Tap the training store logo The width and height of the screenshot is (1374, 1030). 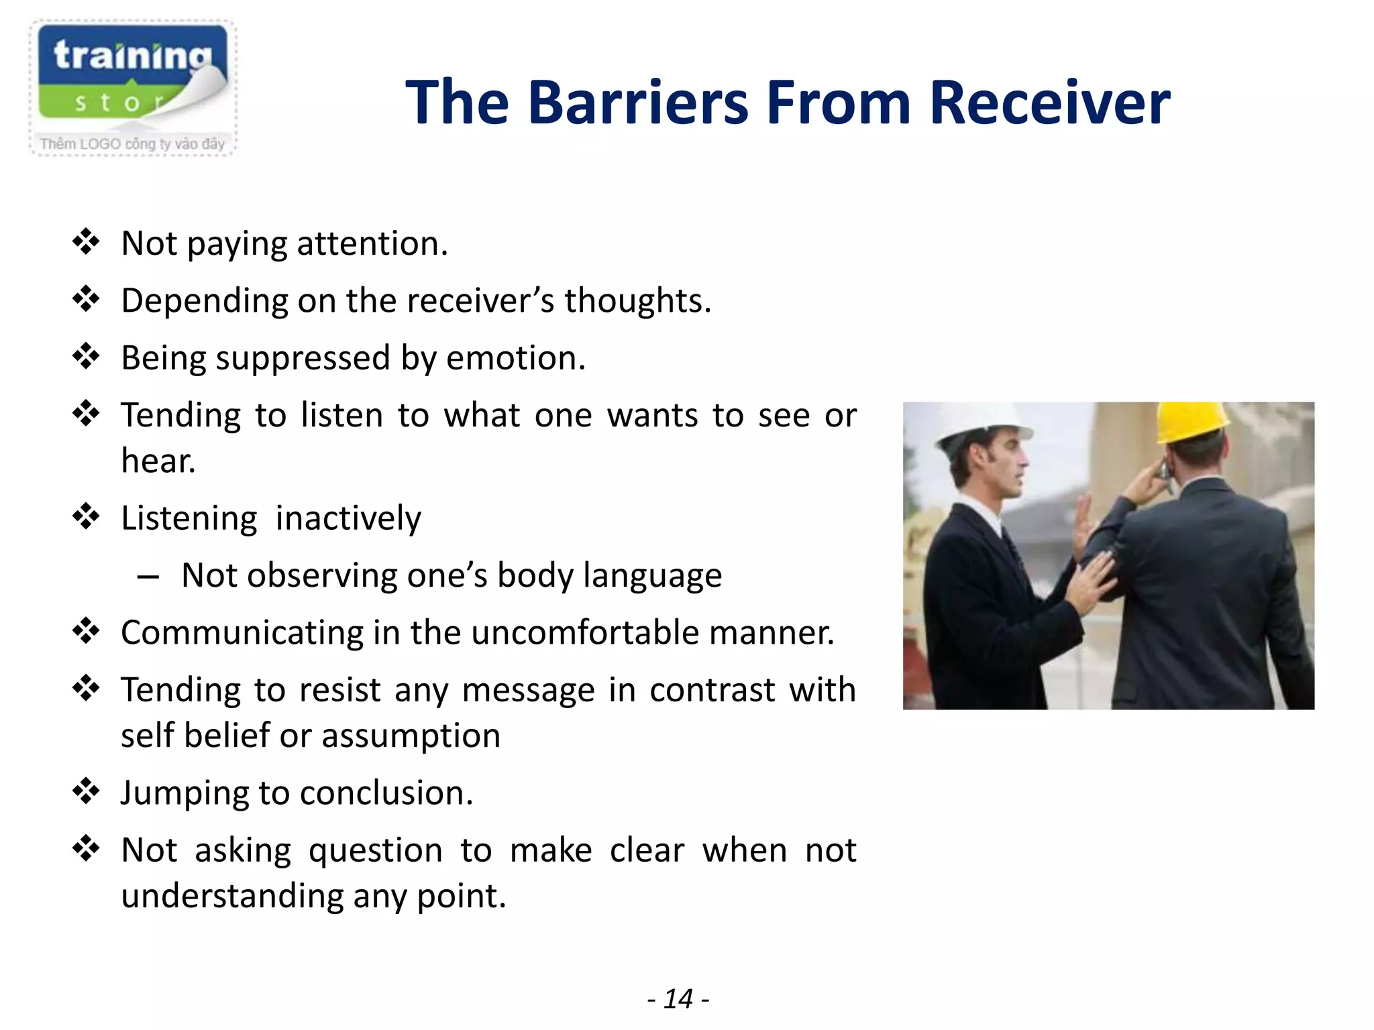click(132, 74)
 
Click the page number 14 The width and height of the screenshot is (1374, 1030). click(678, 999)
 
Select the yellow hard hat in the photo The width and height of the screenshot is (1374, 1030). click(1192, 422)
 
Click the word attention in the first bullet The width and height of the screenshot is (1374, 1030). click(372, 243)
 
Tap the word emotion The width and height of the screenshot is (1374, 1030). click(515, 358)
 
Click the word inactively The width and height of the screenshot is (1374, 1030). click(348, 518)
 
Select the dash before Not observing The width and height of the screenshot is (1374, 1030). click(148, 576)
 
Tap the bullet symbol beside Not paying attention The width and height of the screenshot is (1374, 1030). click(86, 242)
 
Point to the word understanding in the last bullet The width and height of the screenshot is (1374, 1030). click(232, 897)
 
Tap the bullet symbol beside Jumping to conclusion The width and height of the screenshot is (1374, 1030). click(86, 791)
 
